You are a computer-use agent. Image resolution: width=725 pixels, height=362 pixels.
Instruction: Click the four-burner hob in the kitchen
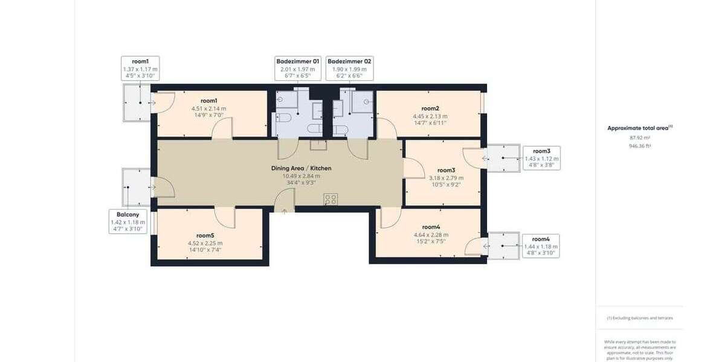point(330,198)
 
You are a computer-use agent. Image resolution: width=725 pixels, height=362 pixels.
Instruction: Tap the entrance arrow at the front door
point(285,211)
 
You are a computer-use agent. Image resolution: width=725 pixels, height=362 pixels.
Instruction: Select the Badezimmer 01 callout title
point(298,62)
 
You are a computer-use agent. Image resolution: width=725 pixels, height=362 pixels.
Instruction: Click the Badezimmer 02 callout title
point(349,62)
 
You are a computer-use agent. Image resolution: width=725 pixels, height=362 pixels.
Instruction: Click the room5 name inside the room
point(205,235)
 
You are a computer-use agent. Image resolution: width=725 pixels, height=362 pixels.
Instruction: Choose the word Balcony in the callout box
point(128,215)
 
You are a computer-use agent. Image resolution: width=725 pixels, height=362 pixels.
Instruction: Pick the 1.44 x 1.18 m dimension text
point(541,247)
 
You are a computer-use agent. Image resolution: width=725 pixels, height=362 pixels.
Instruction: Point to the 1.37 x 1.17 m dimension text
point(140,69)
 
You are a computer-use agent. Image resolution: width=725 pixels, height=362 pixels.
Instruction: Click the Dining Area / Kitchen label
point(301,168)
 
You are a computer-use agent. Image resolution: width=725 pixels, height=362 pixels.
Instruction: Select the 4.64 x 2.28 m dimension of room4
point(430,235)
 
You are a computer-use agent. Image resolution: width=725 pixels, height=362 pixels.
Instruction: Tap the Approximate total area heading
point(639,128)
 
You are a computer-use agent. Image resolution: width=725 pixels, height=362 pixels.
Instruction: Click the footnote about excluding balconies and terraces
point(640,318)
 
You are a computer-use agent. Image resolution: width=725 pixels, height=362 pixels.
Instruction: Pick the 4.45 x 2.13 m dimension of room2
point(430,116)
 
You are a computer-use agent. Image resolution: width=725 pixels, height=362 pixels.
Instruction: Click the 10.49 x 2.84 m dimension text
point(301,176)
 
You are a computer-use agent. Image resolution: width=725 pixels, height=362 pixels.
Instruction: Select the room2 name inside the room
point(430,109)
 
